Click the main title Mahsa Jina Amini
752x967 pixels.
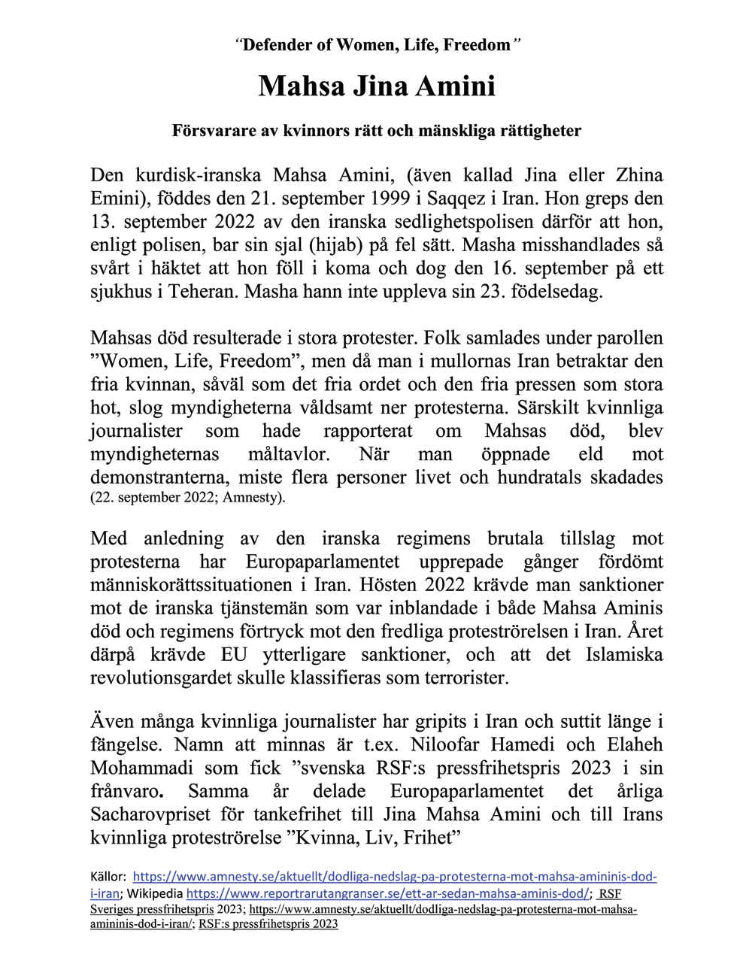377,86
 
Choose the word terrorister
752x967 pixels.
465,678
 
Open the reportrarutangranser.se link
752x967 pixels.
388,894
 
